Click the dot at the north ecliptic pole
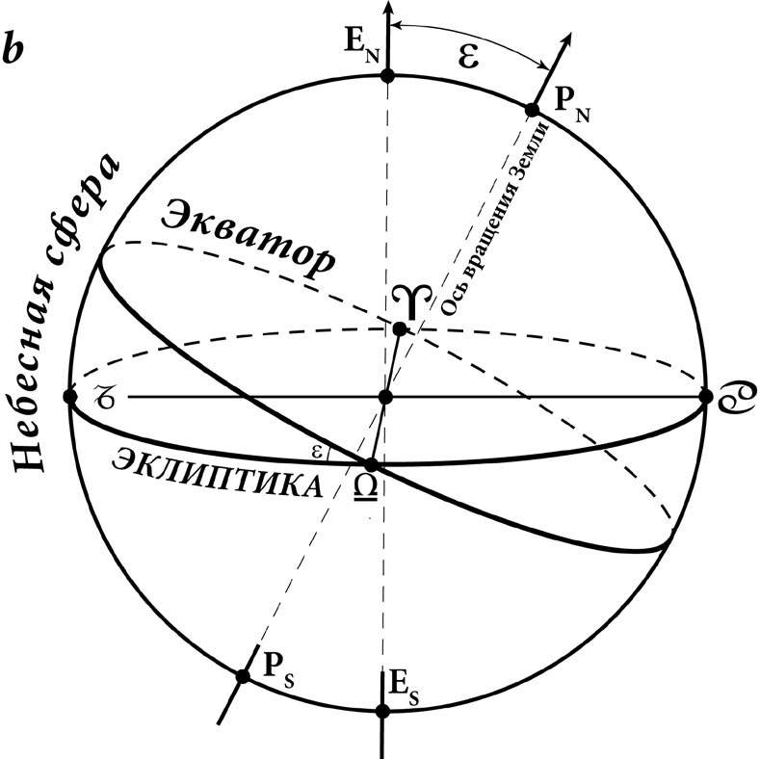387,75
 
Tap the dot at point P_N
533,110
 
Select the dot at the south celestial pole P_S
243,675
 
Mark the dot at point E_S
383,711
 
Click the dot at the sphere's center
385,397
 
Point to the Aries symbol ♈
411,301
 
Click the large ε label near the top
468,57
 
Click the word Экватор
249,241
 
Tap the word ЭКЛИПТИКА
217,473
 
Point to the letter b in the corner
13,47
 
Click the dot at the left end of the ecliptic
70,397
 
